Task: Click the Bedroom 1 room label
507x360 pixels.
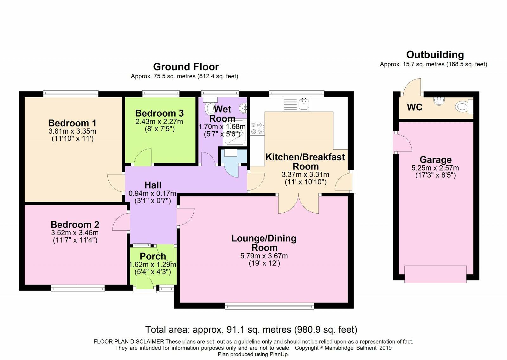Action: pyautogui.click(x=72, y=123)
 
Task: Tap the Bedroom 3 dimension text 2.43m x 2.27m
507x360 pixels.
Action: pyautogui.click(x=159, y=122)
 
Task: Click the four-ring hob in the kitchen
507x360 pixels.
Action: pyautogui.click(x=257, y=128)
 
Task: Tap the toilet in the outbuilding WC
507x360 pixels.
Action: pyautogui.click(x=464, y=106)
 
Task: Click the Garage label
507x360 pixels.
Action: pyautogui.click(x=435, y=160)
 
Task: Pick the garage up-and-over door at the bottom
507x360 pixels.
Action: pyautogui.click(x=435, y=274)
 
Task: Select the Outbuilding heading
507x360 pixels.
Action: pyautogui.click(x=435, y=55)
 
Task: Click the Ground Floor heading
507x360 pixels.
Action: pyautogui.click(x=186, y=67)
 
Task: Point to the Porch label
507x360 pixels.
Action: pyautogui.click(x=153, y=256)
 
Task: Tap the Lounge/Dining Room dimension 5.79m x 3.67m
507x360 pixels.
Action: pyautogui.click(x=264, y=256)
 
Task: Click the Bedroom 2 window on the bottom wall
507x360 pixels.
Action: pyautogui.click(x=78, y=288)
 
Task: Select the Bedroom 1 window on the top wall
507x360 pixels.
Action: pyautogui.click(x=71, y=94)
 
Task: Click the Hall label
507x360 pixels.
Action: pyautogui.click(x=153, y=185)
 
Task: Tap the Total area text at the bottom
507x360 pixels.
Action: pyautogui.click(x=251, y=330)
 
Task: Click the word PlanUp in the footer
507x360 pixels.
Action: pyautogui.click(x=279, y=354)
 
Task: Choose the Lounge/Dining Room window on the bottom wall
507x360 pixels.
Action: pyautogui.click(x=269, y=306)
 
